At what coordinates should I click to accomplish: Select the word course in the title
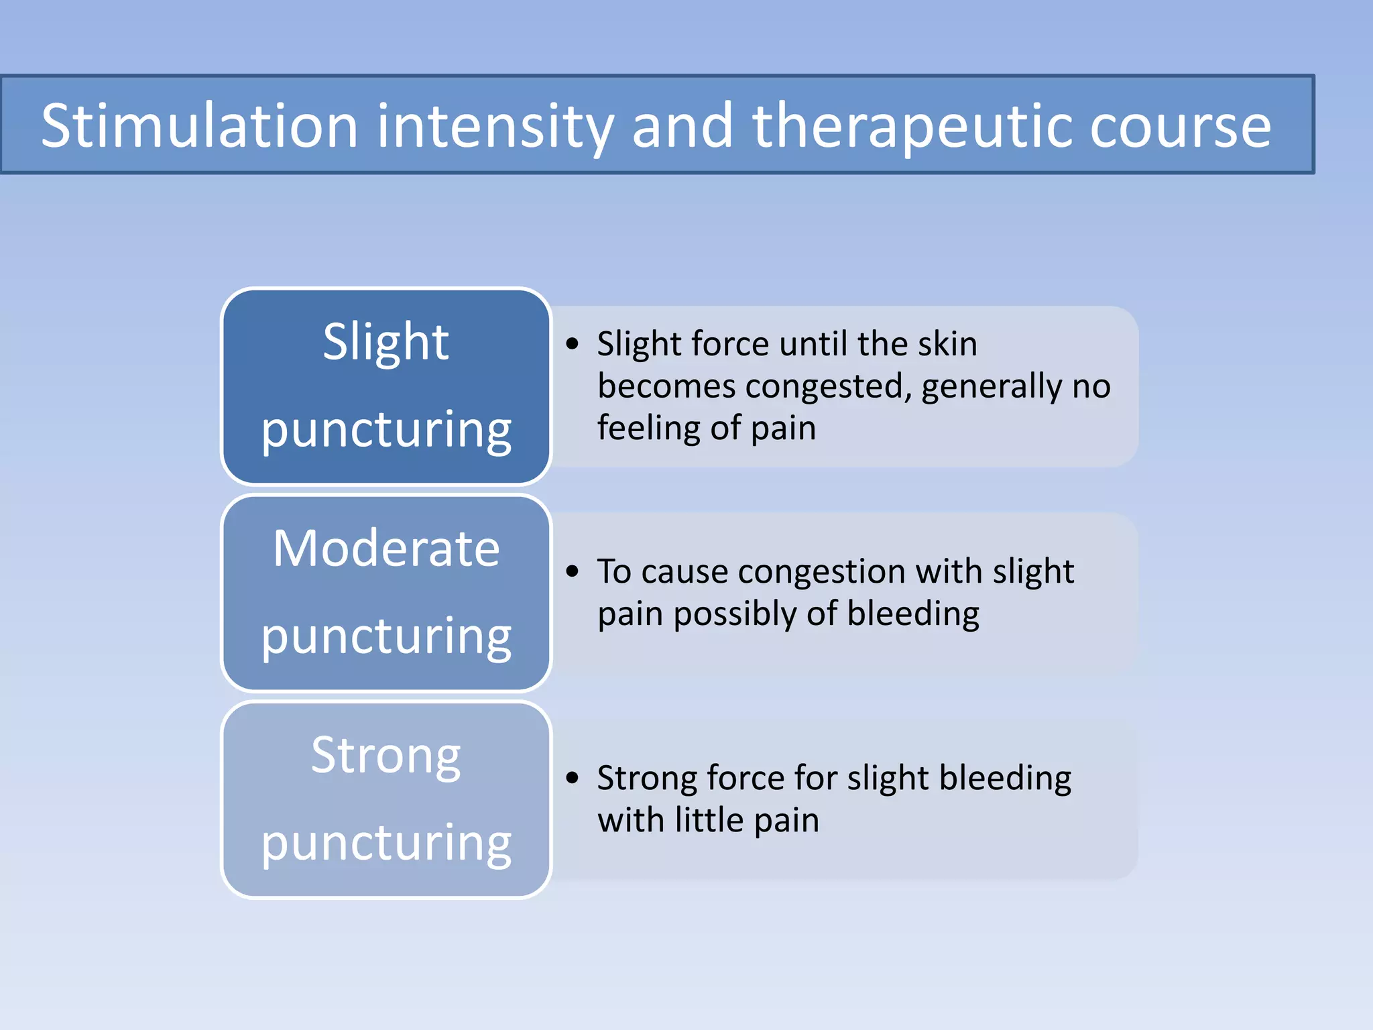pos(1180,127)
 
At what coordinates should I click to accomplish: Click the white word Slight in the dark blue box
pos(385,342)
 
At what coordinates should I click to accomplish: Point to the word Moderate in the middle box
pos(386,549)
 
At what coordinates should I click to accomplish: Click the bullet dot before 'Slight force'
pos(572,344)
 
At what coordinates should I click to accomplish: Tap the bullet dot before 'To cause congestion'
pos(572,571)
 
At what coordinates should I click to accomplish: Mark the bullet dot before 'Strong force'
pos(572,778)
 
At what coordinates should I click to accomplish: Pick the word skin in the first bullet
pos(947,344)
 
